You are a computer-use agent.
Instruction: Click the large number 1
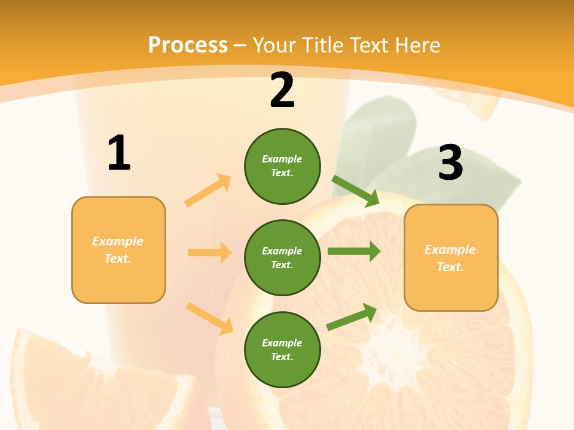(119, 153)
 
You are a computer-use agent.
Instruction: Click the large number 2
(282, 90)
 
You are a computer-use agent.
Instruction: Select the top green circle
(282, 166)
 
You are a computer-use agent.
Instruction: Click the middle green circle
(282, 257)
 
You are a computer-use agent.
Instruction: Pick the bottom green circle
(282, 349)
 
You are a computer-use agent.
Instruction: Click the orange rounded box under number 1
(118, 250)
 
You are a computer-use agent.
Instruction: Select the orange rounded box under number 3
(451, 257)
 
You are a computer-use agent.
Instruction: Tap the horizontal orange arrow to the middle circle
(210, 253)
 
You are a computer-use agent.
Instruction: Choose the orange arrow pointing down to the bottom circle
(210, 318)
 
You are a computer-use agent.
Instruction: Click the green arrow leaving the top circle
(356, 191)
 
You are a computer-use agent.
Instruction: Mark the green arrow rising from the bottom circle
(352, 317)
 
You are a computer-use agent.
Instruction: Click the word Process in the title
(188, 45)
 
